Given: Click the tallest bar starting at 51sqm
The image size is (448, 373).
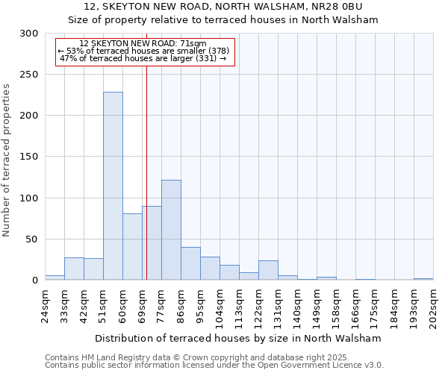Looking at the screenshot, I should coord(113,186).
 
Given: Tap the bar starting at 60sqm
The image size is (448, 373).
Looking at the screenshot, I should coord(132,247).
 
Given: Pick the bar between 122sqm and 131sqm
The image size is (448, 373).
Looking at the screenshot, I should coord(268,271).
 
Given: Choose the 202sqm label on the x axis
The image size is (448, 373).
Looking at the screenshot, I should coord(434,306).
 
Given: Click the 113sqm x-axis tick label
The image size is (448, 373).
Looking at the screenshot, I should coord(240,306).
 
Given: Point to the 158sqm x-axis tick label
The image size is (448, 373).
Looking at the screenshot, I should coord(337,306).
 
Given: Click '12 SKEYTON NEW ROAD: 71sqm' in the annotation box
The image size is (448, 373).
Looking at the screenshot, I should coord(148,43).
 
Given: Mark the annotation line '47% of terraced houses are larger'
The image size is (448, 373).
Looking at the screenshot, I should coord(143,58).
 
